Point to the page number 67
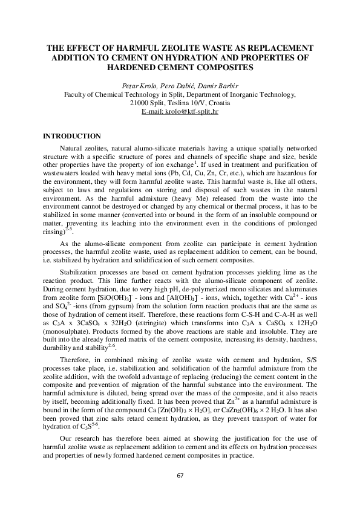coord(180,476)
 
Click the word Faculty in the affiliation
coord(76,94)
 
